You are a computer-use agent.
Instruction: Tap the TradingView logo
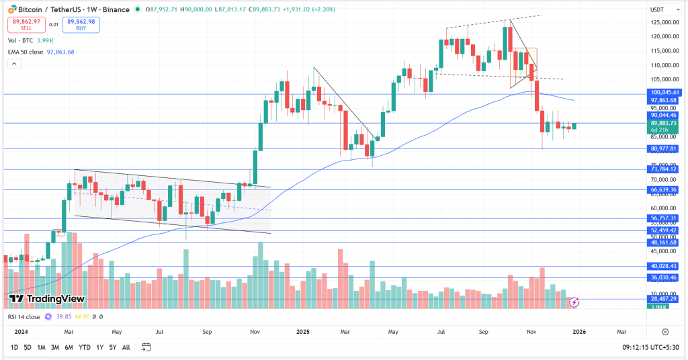47,298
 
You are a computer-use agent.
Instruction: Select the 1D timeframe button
14,347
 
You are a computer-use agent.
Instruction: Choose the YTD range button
85,347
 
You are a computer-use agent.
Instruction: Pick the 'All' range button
126,347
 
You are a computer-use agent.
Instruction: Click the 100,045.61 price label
666,92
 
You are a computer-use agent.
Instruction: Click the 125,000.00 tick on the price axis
664,22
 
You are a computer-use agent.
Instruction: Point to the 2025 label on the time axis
302,332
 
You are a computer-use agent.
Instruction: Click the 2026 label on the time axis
579,332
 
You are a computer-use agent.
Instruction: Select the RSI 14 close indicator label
25,316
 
